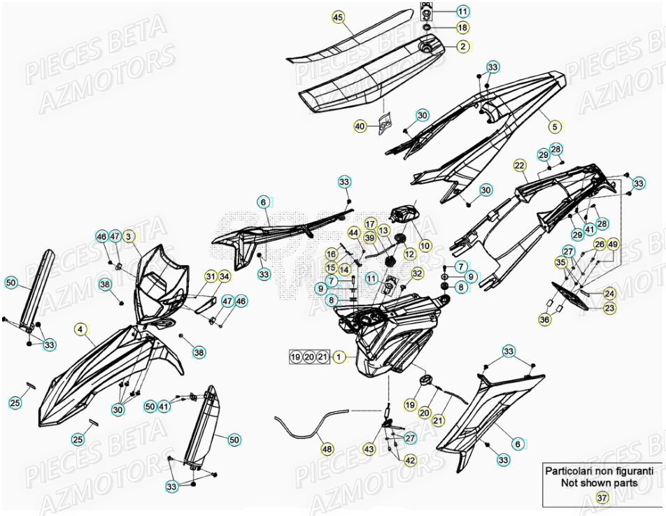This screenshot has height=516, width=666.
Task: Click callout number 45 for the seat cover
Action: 339,17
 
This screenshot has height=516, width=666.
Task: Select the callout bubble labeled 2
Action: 463,47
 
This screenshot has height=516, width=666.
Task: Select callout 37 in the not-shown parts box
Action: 602,497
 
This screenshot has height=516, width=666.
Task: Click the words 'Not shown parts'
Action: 600,482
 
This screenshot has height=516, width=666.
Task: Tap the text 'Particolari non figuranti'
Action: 600,471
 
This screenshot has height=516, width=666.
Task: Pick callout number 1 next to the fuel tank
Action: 339,357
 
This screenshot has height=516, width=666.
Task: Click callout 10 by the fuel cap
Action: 425,245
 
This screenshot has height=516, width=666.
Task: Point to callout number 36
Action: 544,319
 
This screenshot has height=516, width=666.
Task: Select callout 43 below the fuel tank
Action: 369,450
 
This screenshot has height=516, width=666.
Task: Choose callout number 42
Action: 410,461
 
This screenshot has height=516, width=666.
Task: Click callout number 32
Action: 417,273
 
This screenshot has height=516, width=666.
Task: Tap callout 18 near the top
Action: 463,27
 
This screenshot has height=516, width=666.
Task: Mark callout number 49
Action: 613,244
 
